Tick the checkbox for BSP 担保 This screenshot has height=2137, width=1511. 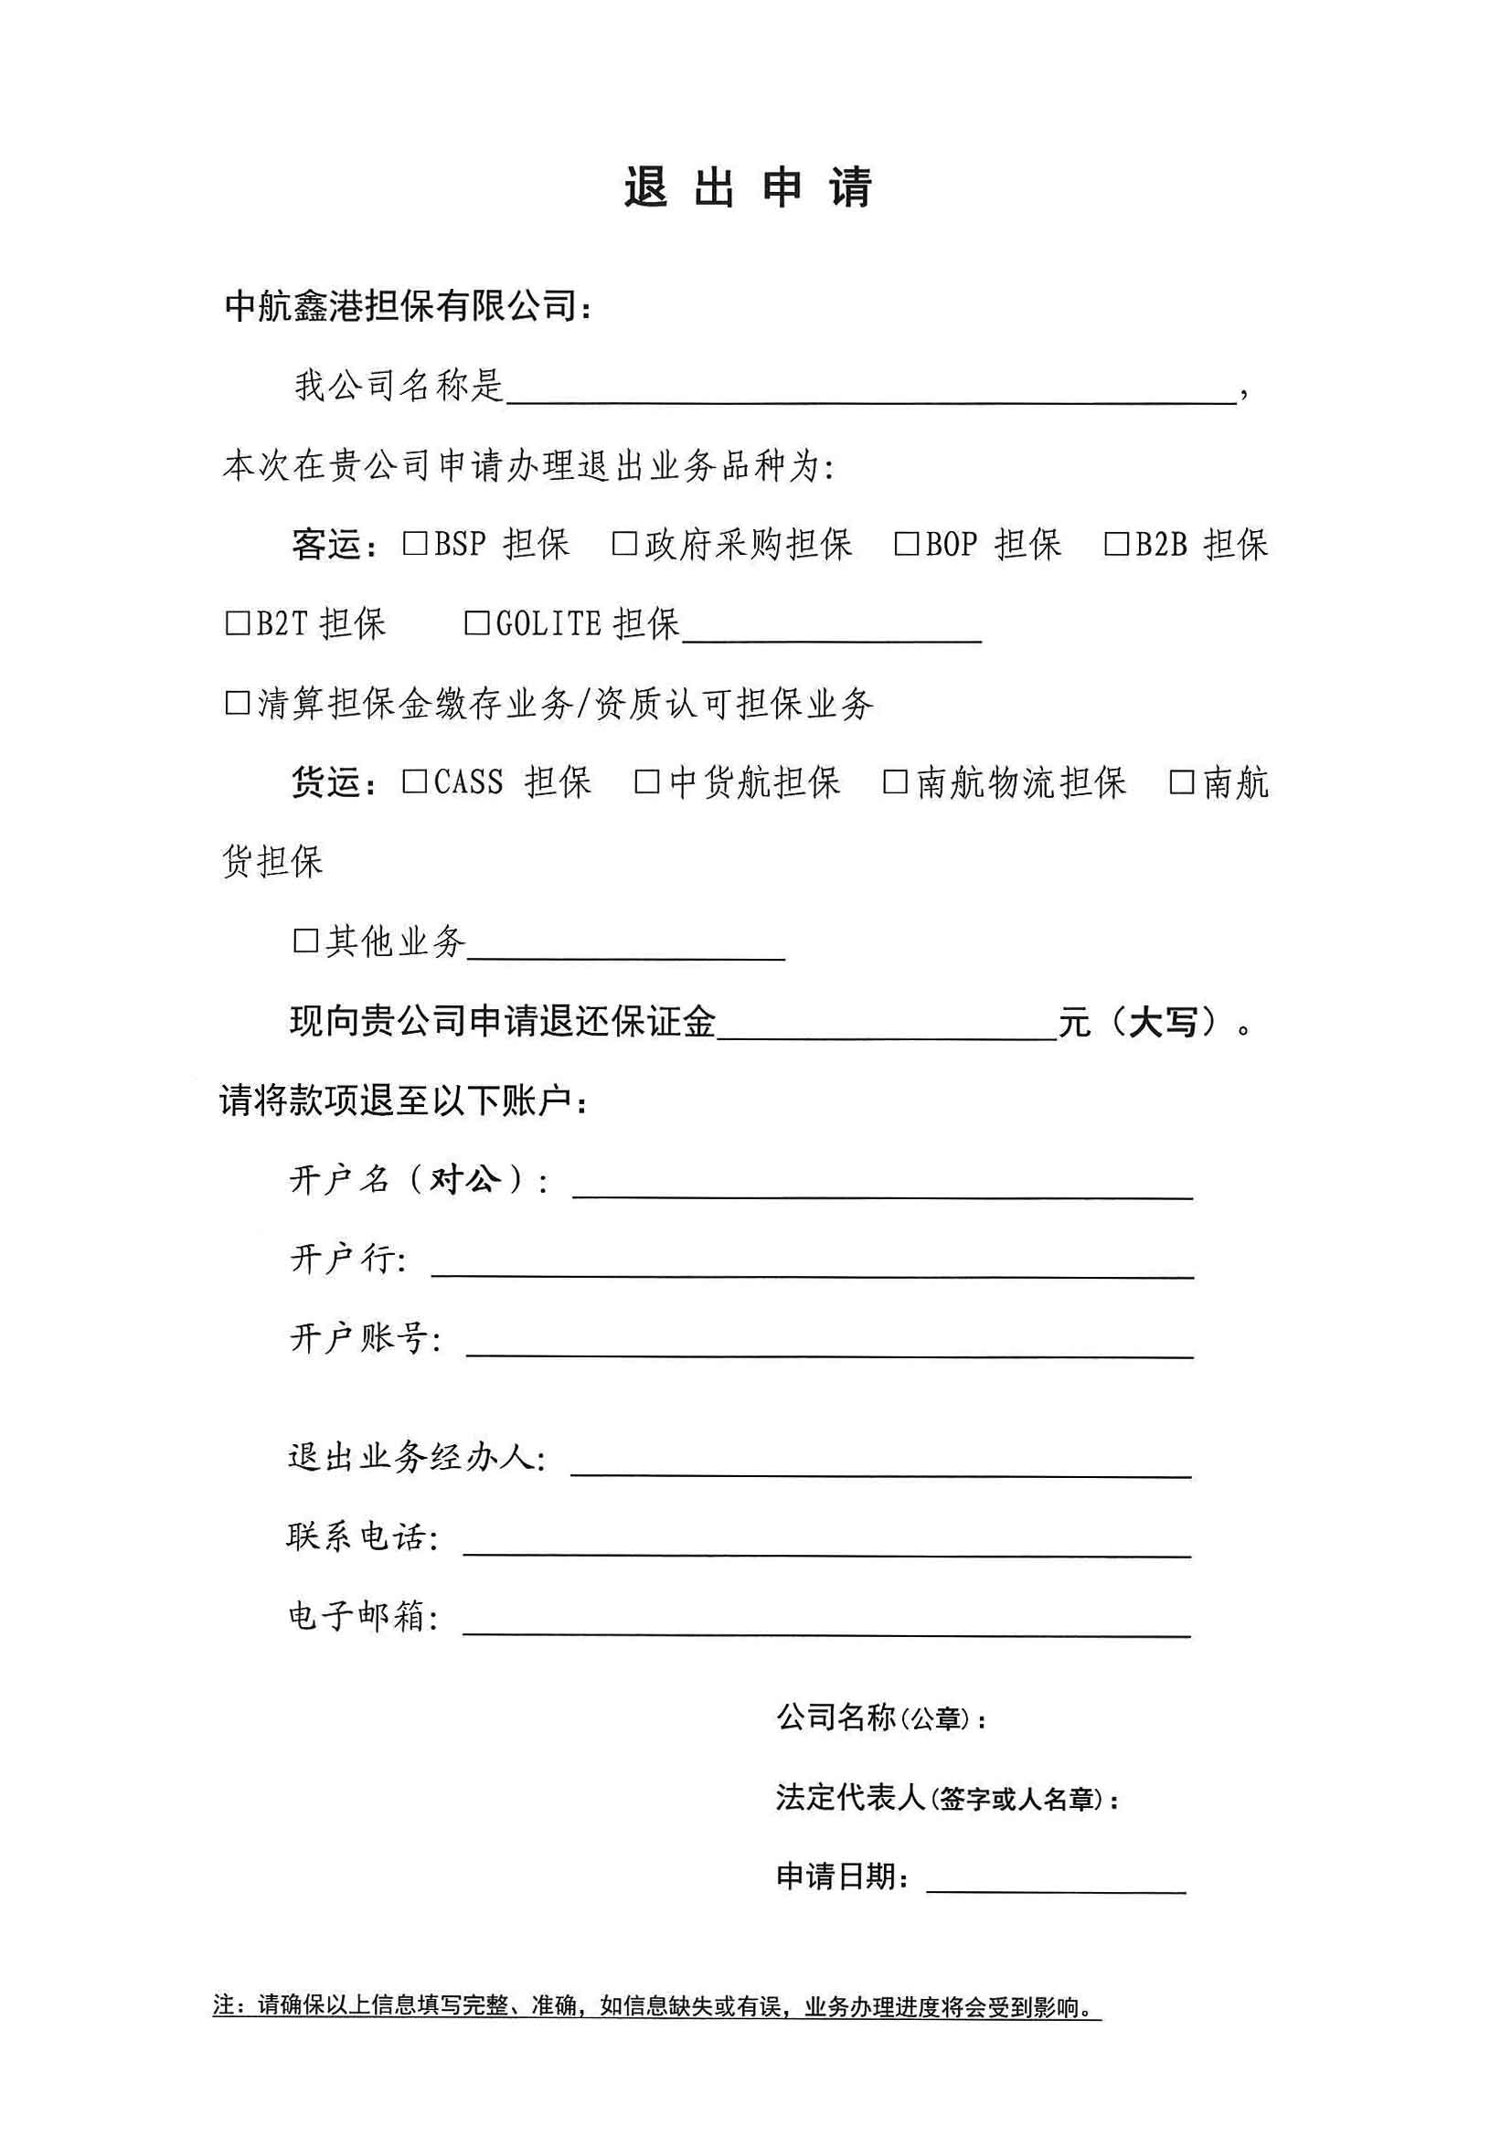[x=414, y=544]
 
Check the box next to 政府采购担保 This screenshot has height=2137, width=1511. [x=623, y=544]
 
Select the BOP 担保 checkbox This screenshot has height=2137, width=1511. [x=906, y=544]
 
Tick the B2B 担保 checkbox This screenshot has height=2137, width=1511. [x=1115, y=544]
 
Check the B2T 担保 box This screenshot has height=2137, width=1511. [x=238, y=622]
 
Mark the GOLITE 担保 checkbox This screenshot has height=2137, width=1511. [x=475, y=622]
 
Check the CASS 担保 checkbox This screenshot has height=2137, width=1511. [x=414, y=781]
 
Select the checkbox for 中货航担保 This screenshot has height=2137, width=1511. [x=647, y=781]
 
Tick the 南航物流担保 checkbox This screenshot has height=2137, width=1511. [x=895, y=781]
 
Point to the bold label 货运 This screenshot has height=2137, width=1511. [x=325, y=781]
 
